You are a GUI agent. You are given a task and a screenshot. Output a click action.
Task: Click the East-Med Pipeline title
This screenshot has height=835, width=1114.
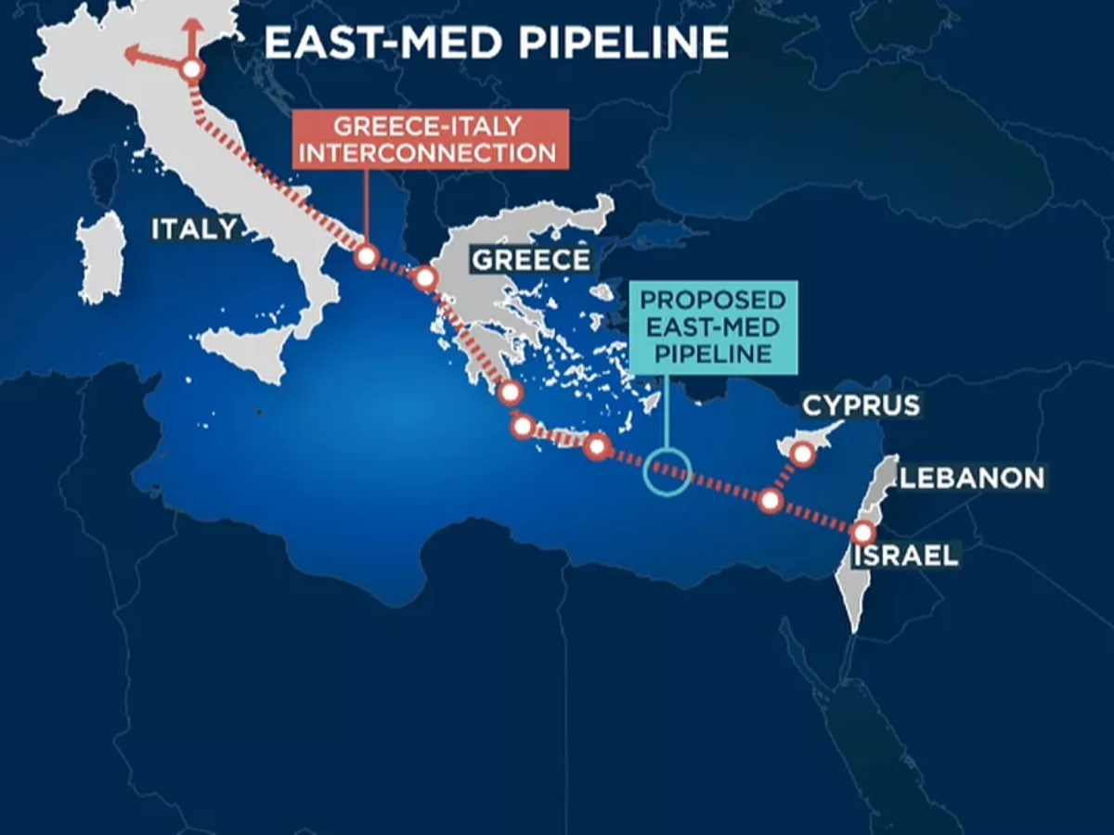pyautogui.click(x=496, y=43)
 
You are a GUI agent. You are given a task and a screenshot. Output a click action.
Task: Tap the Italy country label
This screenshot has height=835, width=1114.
pyautogui.click(x=195, y=228)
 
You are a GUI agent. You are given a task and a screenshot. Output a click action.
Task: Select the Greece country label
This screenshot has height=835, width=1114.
pyautogui.click(x=530, y=259)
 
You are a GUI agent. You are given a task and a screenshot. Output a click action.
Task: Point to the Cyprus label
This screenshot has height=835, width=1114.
pyautogui.click(x=861, y=405)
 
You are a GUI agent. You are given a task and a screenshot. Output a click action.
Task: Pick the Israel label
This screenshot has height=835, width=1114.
pyautogui.click(x=905, y=556)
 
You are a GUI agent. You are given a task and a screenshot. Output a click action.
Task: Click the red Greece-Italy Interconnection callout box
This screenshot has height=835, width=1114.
pyautogui.click(x=430, y=139)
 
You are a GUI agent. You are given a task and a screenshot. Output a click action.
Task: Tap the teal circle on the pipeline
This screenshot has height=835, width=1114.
pyautogui.click(x=667, y=471)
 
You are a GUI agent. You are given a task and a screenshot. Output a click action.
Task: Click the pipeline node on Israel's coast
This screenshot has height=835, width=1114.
pyautogui.click(x=862, y=533)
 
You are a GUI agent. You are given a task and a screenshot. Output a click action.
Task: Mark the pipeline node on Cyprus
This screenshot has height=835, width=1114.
pyautogui.click(x=803, y=454)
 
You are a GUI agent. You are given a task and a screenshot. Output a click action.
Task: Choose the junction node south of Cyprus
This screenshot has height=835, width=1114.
pyautogui.click(x=770, y=501)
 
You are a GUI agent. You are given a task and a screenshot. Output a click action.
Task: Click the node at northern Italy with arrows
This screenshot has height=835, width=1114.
pyautogui.click(x=191, y=69)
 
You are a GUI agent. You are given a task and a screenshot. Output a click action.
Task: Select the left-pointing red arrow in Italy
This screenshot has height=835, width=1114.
pyautogui.click(x=139, y=58)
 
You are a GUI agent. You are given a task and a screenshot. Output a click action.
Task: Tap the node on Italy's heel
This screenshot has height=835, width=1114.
pyautogui.click(x=367, y=257)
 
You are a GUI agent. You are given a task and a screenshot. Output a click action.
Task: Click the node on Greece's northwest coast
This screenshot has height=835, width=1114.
pyautogui.click(x=425, y=277)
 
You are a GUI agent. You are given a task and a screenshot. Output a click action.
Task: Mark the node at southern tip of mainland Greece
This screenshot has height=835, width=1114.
pyautogui.click(x=509, y=392)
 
